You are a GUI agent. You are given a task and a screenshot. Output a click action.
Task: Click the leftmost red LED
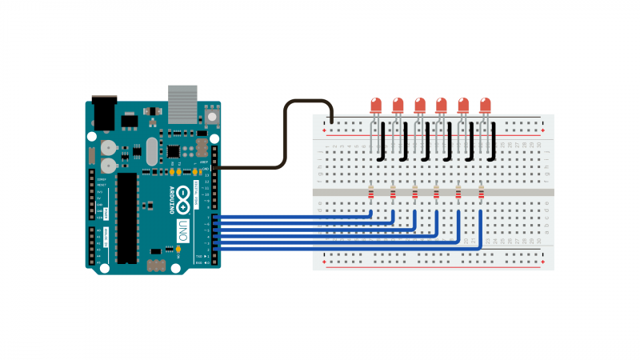point(376,105)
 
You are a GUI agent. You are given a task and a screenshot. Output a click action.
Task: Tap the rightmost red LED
point(485,105)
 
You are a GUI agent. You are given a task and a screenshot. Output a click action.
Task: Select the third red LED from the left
point(419,105)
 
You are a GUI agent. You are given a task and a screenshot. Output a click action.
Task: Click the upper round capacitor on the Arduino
point(108,148)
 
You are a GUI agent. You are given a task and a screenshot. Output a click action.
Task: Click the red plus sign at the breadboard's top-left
point(323,130)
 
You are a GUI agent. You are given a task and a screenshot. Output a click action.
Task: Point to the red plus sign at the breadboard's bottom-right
point(542,262)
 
